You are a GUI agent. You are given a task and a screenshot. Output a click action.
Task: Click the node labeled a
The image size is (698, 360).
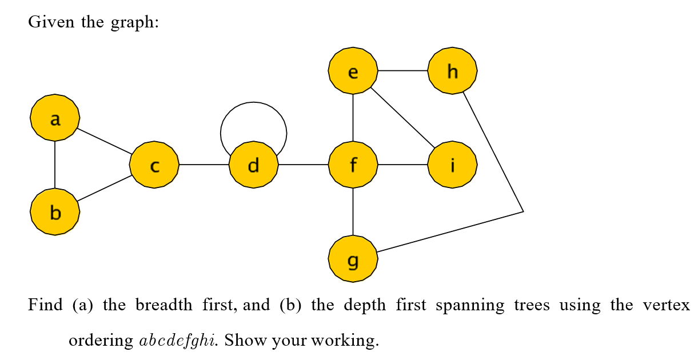[55, 118]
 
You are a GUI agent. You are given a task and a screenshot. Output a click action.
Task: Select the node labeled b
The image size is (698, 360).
[55, 212]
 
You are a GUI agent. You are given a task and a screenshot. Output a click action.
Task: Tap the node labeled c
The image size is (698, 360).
[154, 165]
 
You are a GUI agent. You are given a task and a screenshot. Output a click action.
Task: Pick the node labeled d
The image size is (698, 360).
[253, 165]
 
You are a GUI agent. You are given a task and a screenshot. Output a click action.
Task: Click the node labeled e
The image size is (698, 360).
[353, 71]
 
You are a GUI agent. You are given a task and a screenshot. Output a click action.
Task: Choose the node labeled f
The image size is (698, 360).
[353, 165]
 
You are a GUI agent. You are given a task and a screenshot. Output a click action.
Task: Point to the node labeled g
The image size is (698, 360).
[353, 258]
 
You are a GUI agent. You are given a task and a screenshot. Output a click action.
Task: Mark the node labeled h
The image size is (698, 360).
[452, 71]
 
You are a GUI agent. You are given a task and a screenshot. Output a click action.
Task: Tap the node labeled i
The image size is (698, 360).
[452, 165]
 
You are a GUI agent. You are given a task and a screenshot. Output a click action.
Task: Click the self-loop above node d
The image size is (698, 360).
[253, 103]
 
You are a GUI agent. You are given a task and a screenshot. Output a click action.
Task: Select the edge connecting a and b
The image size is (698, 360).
[55, 165]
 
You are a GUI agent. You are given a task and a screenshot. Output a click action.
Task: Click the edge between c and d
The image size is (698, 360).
[204, 165]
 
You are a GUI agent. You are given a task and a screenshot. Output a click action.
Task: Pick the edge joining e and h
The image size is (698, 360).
[402, 71]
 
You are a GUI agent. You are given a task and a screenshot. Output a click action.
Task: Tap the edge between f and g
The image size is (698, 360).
[353, 211]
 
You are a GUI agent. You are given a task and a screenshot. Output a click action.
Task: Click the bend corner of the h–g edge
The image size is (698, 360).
[522, 211]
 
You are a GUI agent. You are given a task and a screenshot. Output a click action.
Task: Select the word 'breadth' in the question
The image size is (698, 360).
[163, 306]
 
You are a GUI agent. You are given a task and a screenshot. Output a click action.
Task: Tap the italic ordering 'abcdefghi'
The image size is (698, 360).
[177, 341]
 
